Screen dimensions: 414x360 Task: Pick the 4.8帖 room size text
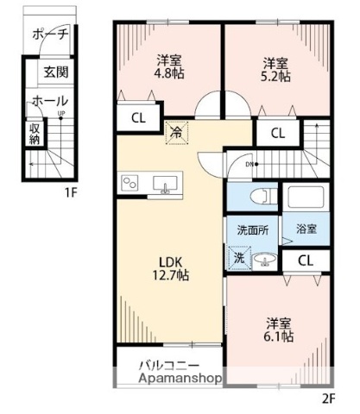(x=169, y=75)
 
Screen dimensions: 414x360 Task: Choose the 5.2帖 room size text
(x=275, y=75)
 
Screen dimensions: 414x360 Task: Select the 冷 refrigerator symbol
(x=176, y=132)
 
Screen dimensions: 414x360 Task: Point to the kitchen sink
(x=166, y=184)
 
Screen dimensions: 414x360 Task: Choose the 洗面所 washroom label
(x=252, y=230)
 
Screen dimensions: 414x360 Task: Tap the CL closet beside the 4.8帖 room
(x=138, y=118)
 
